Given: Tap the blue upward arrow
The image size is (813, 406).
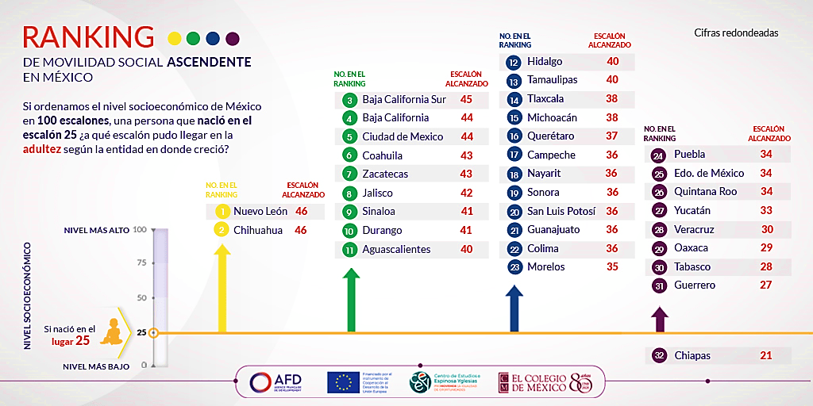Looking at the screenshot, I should click(x=514, y=308).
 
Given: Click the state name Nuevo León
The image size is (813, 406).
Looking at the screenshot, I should click(x=260, y=212).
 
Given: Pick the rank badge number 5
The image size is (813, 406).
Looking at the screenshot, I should click(x=349, y=136).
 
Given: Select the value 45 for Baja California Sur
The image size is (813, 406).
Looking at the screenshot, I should click(x=466, y=99).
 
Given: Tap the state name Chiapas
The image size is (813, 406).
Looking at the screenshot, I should click(x=692, y=355).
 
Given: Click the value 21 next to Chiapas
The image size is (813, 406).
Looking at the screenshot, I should click(x=766, y=355).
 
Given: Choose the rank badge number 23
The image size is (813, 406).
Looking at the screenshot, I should click(x=514, y=267).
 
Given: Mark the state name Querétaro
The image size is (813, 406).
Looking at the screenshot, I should click(x=550, y=136).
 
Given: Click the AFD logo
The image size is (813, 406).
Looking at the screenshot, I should click(x=274, y=382).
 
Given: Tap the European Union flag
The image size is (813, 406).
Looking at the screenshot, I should click(x=342, y=382).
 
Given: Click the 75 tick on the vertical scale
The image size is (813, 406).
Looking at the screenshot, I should click(x=141, y=264).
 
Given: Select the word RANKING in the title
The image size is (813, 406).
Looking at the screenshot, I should click(x=88, y=36).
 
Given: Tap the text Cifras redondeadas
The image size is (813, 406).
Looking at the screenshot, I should click(x=736, y=33).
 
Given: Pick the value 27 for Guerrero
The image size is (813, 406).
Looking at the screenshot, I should click(x=766, y=285).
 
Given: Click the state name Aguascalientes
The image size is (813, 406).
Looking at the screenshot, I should click(x=396, y=249).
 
